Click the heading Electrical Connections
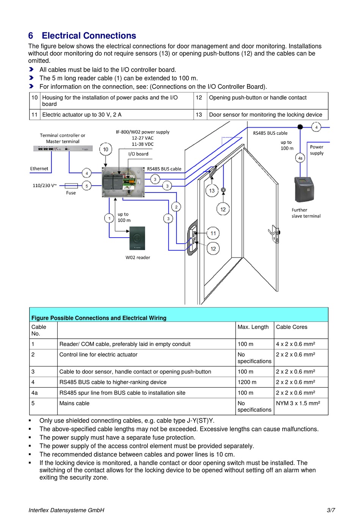89,36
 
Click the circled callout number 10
105,149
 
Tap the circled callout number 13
212,191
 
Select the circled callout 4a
300,158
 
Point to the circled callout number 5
87,186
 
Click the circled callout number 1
109,218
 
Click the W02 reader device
137,238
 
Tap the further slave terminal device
304,189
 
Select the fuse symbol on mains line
71,186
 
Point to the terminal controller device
63,149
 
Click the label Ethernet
39,169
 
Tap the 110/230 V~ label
45,186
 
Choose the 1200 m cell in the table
247,382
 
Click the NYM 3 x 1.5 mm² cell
298,403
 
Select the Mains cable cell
74,403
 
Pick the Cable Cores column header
291,327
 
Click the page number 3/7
331,510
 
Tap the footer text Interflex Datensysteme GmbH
66,510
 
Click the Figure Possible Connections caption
99,318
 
